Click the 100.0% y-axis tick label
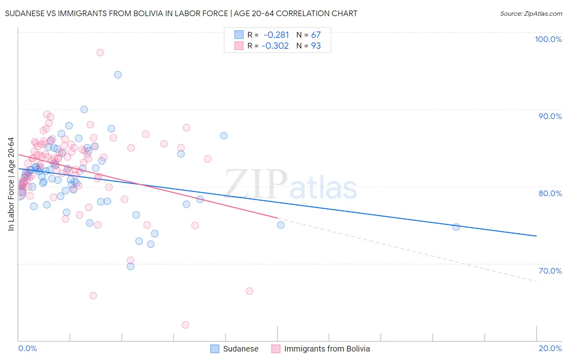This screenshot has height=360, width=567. pos(548,39)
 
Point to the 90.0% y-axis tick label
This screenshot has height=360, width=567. pos(550,116)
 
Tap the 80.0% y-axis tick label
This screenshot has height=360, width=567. pos(550,193)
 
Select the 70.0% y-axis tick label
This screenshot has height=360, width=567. pos(550,271)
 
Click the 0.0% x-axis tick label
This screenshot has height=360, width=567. pos(27,348)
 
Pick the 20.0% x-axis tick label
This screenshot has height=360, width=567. pos(550,348)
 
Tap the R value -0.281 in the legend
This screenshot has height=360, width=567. pos(276,35)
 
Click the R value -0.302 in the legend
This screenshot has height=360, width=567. pos(275,46)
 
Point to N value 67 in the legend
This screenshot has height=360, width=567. pos(316,35)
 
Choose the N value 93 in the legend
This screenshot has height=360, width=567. pos(316,46)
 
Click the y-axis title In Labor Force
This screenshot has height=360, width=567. pos(11,184)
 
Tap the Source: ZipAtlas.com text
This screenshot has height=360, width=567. pos(531,13)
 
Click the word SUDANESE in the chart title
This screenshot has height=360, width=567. pos(25,13)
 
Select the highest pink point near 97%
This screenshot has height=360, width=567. pos(100,52)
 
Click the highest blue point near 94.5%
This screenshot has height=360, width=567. pos(118,75)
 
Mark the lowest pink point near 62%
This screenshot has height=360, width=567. pos(186,325)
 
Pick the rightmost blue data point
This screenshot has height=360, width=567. pos(456,227)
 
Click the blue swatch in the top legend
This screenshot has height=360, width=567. pos(239,35)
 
